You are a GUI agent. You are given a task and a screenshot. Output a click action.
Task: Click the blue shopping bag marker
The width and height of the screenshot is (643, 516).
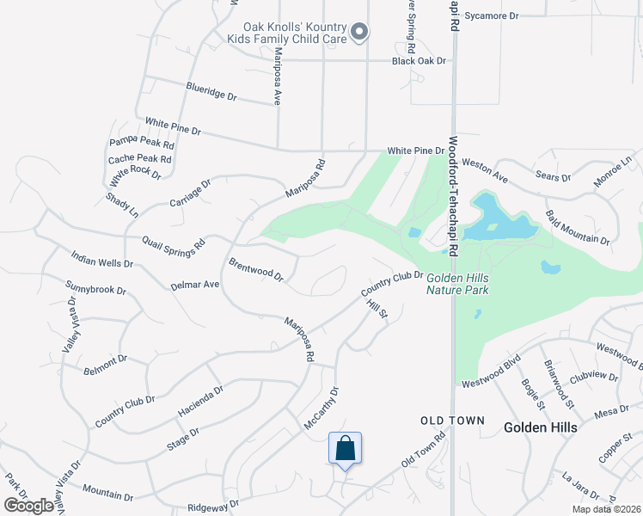(345, 448)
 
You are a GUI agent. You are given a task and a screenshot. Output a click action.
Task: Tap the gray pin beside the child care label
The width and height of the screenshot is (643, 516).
(361, 33)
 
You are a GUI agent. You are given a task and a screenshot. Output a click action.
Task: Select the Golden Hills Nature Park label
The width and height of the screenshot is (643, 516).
(457, 283)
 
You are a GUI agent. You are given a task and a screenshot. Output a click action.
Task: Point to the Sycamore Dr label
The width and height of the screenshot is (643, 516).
(492, 16)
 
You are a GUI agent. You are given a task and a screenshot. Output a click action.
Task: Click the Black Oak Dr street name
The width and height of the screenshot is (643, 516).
(419, 61)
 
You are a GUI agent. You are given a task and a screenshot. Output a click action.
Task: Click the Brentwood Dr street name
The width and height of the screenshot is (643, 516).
(256, 268)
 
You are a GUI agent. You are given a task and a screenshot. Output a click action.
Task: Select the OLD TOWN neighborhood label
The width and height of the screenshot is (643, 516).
(452, 421)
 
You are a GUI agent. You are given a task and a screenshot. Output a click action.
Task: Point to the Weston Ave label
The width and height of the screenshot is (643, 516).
(485, 169)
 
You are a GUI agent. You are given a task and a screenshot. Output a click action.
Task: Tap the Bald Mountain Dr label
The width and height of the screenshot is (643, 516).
(577, 227)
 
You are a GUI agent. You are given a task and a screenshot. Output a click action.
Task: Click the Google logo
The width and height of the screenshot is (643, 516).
(29, 505)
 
